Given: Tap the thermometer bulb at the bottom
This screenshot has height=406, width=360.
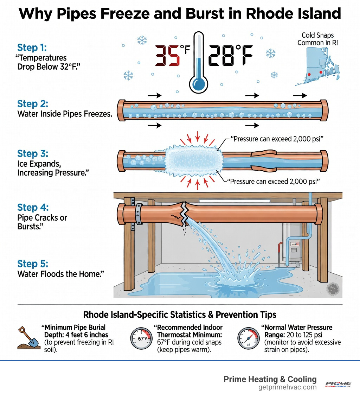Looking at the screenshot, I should [198, 84].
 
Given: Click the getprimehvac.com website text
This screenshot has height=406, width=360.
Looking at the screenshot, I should [287, 387].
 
